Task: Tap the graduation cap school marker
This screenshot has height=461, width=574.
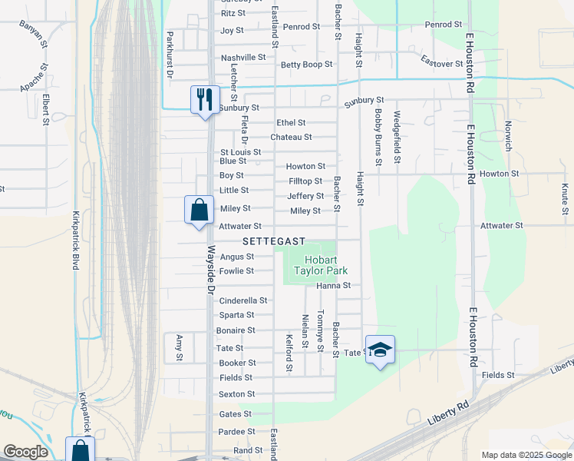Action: tap(380, 350)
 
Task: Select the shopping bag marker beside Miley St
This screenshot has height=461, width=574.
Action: tap(199, 210)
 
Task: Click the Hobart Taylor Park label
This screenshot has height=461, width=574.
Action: tap(321, 265)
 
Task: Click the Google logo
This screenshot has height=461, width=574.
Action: tap(25, 452)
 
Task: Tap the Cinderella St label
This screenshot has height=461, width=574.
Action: tap(243, 300)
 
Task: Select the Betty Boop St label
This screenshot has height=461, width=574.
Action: tap(306, 65)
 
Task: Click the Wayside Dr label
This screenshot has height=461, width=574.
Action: tap(211, 270)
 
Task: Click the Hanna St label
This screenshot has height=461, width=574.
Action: tap(333, 285)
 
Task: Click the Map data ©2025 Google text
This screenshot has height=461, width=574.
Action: tap(526, 455)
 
